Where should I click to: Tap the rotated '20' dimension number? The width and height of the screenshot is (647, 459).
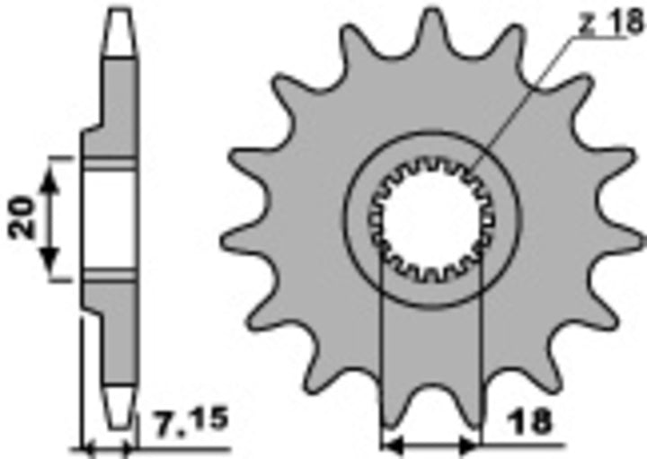25,217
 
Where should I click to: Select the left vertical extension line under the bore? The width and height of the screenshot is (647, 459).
383,359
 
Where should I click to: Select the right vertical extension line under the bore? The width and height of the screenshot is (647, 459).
483,359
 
